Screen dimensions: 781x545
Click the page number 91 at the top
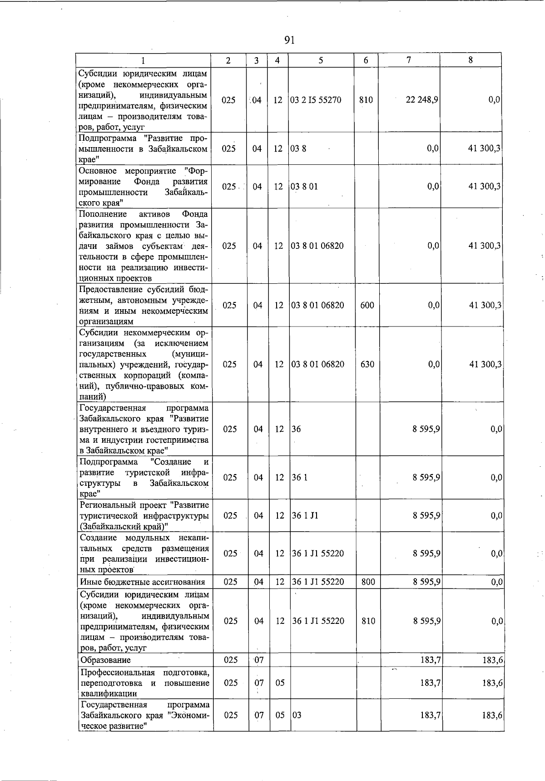pyautogui.click(x=289, y=40)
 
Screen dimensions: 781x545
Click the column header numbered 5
pyautogui.click(x=321, y=60)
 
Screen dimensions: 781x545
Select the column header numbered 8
pyautogui.click(x=471, y=60)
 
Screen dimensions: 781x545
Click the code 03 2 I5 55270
pyautogui.click(x=316, y=100)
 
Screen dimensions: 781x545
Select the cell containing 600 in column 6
pyautogui.click(x=367, y=305)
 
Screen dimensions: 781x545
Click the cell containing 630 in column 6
pyautogui.click(x=367, y=364)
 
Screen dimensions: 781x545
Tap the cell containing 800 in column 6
pyautogui.click(x=368, y=582)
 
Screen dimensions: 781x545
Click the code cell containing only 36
pyautogui.click(x=296, y=429)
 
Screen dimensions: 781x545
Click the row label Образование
pyautogui.click(x=105, y=660)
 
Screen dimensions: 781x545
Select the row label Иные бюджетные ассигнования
pyautogui.click(x=142, y=582)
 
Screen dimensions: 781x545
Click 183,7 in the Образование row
pyautogui.click(x=430, y=660)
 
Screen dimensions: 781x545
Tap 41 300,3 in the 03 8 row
pyautogui.click(x=485, y=148)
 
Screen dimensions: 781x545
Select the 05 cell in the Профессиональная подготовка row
pyautogui.click(x=280, y=682)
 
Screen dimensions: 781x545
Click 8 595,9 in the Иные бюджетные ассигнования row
pyautogui.click(x=426, y=582)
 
